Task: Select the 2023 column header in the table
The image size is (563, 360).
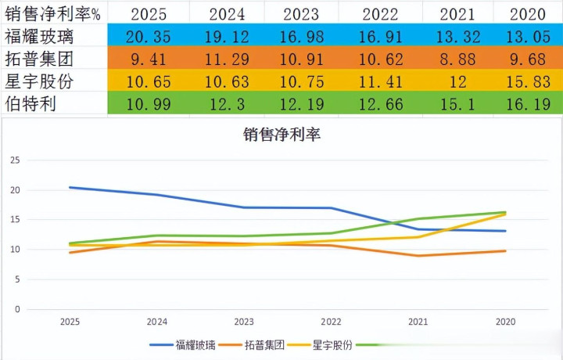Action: point(302,13)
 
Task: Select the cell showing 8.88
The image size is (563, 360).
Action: point(458,58)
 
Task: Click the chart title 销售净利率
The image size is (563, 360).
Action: point(282,134)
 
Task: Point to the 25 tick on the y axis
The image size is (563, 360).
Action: point(16,160)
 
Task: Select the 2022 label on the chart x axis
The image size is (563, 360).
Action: point(331,322)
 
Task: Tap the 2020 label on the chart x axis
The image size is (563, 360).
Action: point(505,322)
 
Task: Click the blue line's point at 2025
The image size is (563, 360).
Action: point(70,188)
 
